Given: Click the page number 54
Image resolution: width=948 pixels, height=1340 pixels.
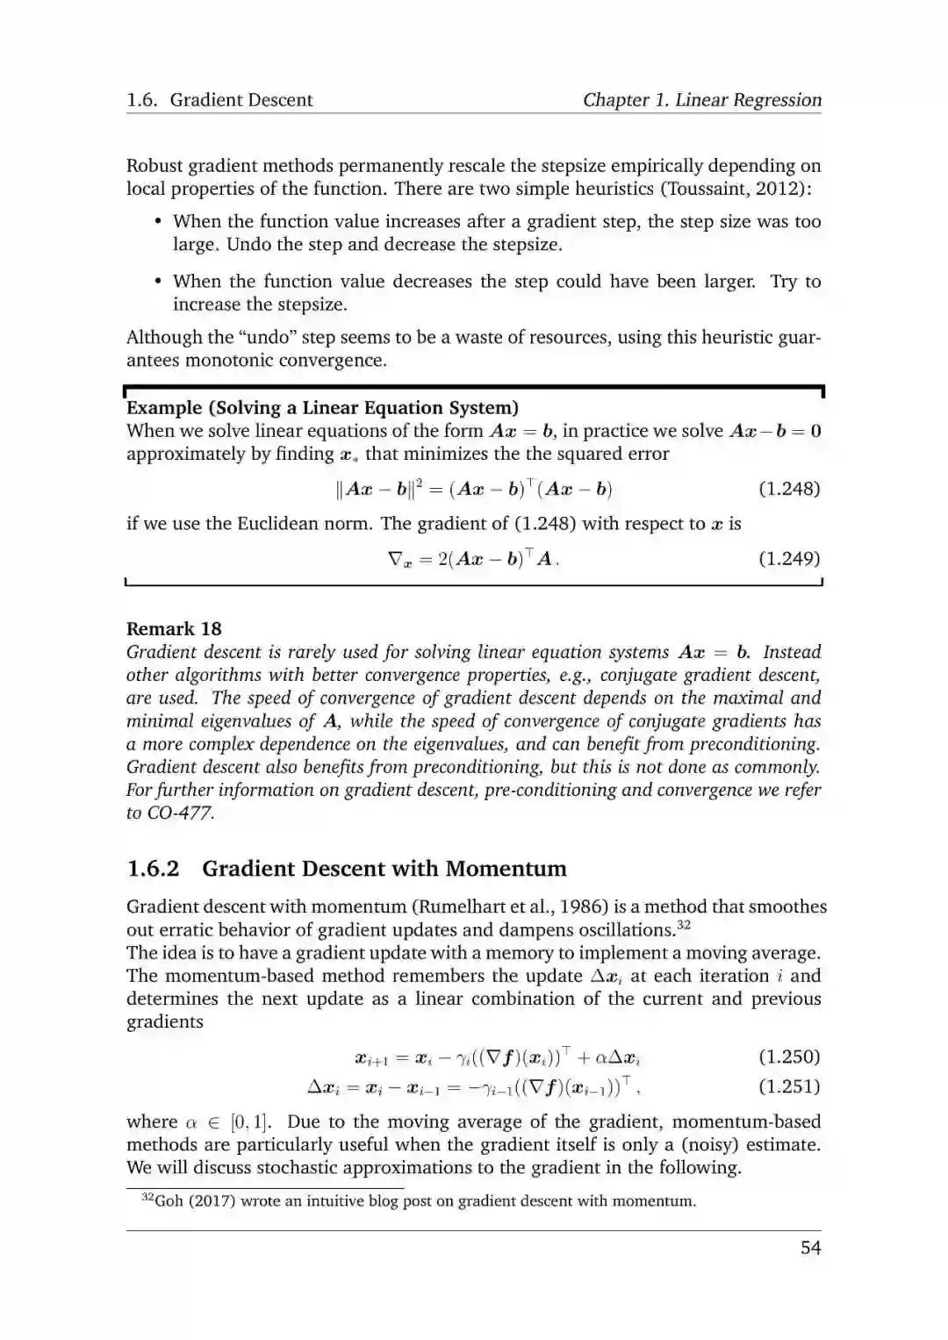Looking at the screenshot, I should pos(810,1248).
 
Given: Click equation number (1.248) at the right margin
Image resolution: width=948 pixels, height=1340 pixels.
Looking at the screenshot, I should pos(788,489).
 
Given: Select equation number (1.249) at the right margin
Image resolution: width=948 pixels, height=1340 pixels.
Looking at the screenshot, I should pos(788,559).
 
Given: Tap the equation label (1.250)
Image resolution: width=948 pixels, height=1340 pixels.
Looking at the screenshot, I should pos(788,1057).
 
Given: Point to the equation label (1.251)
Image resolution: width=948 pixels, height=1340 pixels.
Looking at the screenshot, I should pos(788,1087).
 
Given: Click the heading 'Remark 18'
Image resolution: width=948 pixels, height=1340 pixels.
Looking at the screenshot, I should pos(174,629).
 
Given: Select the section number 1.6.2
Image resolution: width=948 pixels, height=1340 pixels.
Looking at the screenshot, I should pos(153,869).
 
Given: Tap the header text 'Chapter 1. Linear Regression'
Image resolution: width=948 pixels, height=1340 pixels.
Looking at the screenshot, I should pos(702,100).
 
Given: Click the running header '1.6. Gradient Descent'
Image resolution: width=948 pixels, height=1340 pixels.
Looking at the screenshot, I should pos(219,100).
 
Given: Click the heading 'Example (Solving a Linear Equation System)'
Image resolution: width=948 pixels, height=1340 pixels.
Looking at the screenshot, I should pos(322,408).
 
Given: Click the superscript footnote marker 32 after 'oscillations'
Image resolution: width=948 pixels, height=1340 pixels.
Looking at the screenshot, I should pos(685,925).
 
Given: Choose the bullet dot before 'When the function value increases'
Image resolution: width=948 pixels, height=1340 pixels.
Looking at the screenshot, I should pos(158,222).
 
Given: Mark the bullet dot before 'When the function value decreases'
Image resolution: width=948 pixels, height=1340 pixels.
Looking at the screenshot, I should pos(158,282).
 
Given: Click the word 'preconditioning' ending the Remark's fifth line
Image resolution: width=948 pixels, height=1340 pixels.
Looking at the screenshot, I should pos(756,744).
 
